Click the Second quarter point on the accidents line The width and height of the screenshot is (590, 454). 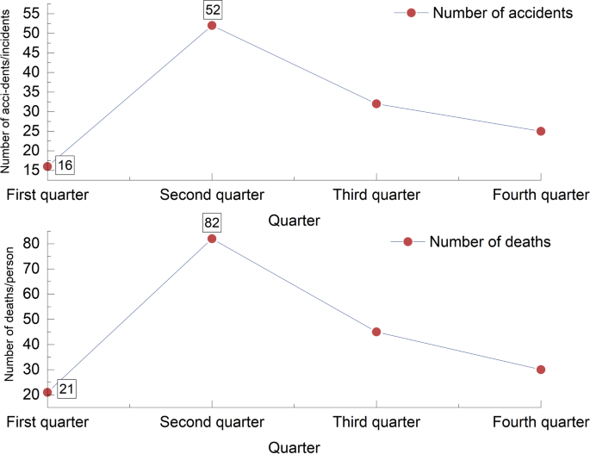point(212,25)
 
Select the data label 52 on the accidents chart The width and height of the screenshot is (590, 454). point(212,9)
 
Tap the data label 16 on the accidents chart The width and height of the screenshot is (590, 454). point(65,165)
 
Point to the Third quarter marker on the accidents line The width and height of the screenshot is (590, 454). point(376,103)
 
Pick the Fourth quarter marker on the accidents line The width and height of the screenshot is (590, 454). point(541,131)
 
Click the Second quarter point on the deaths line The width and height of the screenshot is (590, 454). point(212,238)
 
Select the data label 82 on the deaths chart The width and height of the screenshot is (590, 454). point(212,223)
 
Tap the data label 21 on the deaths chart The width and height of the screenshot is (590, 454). point(66,390)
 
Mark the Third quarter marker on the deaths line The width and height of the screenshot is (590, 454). point(376,332)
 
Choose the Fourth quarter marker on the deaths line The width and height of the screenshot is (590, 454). point(541,370)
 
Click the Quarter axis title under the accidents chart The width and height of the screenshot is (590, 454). point(295,220)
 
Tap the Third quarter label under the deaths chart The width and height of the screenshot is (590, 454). point(376,422)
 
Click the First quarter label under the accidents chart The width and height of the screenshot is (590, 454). point(47,194)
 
